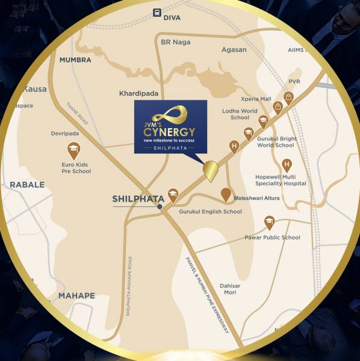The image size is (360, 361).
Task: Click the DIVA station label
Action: tap(172, 18)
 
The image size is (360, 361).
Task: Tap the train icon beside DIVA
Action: tap(157, 11)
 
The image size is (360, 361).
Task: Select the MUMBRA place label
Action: tap(75, 60)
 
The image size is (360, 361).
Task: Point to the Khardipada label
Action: tap(130, 94)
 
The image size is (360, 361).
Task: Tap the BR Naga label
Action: tap(176, 42)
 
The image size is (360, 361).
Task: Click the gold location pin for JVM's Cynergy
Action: tap(210, 171)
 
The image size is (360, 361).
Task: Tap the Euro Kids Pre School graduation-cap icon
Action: tap(73, 149)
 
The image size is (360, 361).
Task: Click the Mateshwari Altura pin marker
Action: tap(225, 194)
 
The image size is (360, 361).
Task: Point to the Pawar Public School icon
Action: tap(270, 223)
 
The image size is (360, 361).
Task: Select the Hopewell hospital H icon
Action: tap(287, 165)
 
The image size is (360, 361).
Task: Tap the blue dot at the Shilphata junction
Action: tap(160, 207)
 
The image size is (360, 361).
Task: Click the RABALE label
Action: tap(27, 185)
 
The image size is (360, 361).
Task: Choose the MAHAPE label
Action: tap(76, 295)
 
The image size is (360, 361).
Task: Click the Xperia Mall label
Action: tap(256, 99)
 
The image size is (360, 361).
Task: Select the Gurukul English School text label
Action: tap(210, 212)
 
